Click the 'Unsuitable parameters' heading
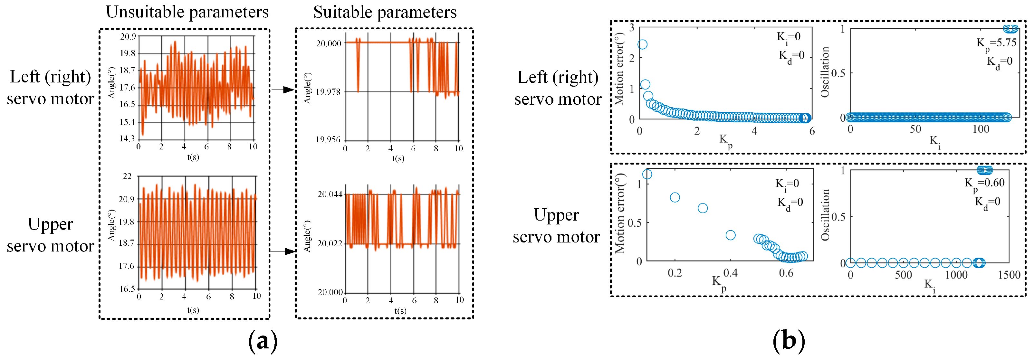coord(187,12)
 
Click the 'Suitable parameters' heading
coord(385,12)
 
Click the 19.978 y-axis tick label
coord(328,92)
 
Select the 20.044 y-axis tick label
coord(330,194)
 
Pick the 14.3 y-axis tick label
coord(127,139)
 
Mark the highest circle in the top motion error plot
coord(642,44)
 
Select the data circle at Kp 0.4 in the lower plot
coord(731,235)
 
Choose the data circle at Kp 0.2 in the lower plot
coord(675,197)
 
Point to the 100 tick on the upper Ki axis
coord(981,129)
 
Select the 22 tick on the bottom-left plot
coord(127,176)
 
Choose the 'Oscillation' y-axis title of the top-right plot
coord(825,72)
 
